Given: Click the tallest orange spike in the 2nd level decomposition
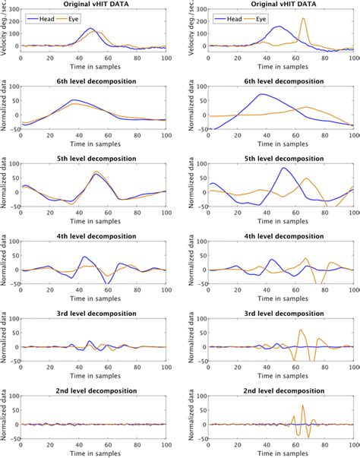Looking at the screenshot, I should [303, 406].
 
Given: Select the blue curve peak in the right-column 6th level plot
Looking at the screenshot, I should [262, 94].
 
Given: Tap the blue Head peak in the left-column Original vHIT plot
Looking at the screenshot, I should [90, 29].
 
